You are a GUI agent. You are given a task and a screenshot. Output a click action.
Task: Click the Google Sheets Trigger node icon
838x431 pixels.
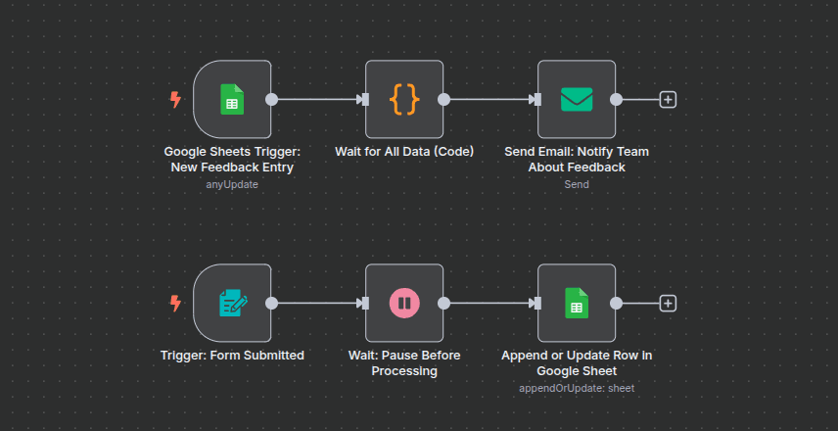(x=232, y=99)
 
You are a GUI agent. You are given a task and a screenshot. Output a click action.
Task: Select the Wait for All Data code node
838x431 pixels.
(x=404, y=99)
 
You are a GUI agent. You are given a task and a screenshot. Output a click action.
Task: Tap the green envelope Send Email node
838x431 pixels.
(x=577, y=99)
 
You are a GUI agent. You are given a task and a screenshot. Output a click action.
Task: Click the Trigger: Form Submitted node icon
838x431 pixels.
(x=232, y=303)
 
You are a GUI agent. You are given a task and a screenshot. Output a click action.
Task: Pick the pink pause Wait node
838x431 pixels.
(x=404, y=303)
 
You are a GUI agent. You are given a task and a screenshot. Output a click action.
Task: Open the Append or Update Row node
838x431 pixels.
(x=577, y=303)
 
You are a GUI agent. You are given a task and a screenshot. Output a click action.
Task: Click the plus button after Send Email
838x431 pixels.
(x=668, y=99)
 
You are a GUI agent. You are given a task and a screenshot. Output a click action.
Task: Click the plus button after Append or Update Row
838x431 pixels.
(x=668, y=303)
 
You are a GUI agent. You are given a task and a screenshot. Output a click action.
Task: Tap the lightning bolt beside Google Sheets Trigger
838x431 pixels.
(x=176, y=99)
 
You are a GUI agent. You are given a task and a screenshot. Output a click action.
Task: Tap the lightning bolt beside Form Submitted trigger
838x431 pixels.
(x=176, y=303)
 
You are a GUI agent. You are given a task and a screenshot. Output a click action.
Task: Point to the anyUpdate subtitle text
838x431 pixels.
(x=232, y=184)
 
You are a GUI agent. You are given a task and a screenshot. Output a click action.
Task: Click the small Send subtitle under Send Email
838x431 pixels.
(x=577, y=184)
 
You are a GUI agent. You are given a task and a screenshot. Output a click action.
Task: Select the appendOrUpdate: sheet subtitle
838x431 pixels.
(x=577, y=388)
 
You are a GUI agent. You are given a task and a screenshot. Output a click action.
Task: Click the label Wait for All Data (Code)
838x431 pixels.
(x=404, y=152)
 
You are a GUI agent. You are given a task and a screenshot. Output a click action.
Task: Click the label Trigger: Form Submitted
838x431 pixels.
(x=232, y=356)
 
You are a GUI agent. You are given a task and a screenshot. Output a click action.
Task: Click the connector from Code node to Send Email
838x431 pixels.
(x=489, y=99)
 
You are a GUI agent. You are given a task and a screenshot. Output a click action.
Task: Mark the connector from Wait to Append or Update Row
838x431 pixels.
(x=489, y=303)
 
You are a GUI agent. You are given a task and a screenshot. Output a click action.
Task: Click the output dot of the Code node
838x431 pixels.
(x=443, y=99)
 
